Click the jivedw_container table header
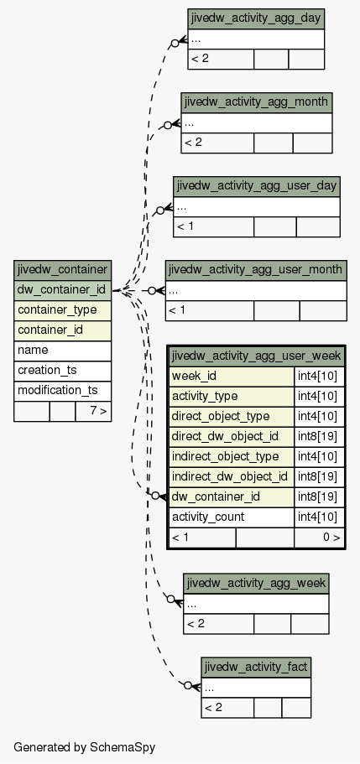tap(62, 270)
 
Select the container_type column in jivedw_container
tap(62, 310)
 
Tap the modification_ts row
tap(62, 390)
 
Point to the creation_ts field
tap(62, 371)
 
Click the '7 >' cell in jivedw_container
tap(93, 411)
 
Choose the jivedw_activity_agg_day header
tap(256, 18)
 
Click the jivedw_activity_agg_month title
tap(257, 102)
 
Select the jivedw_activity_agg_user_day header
tap(257, 186)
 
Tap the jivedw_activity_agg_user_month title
tap(256, 270)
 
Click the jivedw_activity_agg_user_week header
tap(257, 356)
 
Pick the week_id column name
tap(232, 377)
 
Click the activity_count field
tap(232, 517)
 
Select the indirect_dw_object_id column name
tap(232, 476)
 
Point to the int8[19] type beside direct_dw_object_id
tap(319, 437)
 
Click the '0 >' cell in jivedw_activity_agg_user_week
tap(319, 538)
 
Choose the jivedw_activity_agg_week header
tap(256, 583)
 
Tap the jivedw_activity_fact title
tap(256, 667)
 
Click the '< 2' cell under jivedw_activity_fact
tap(227, 708)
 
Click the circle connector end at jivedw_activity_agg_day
tap(175, 44)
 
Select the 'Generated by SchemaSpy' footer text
tap(85, 747)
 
